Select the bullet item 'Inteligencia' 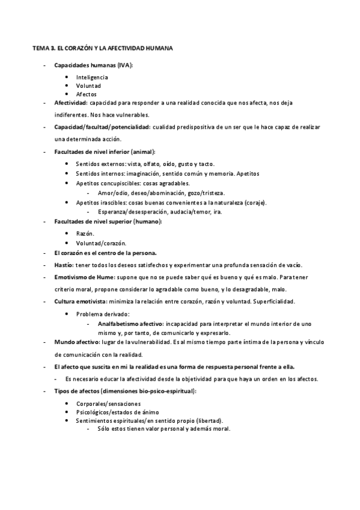(92, 78)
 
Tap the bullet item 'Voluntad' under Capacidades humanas (88, 86)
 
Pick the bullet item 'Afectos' (87, 94)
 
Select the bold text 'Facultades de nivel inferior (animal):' (105, 152)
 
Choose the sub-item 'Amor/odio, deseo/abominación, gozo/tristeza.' (161, 192)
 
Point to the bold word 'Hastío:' (64, 266)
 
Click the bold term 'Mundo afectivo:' (76, 343)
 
